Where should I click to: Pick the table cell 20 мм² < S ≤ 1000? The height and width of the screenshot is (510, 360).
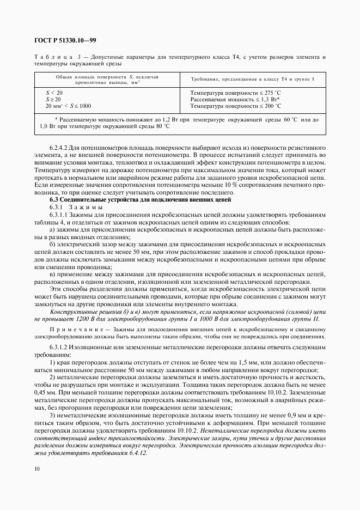[69, 106]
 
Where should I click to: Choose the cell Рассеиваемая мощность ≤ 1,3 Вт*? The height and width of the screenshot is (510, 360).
[235, 100]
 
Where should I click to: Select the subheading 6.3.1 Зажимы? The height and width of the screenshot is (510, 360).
[76, 208]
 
